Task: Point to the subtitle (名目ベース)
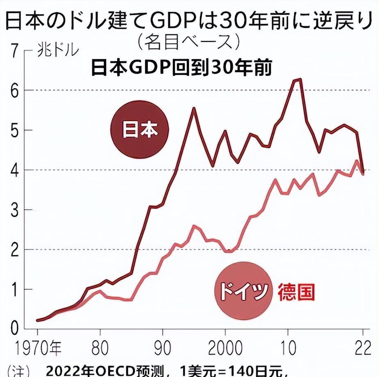tap(189, 41)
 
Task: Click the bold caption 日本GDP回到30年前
tap(181, 68)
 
